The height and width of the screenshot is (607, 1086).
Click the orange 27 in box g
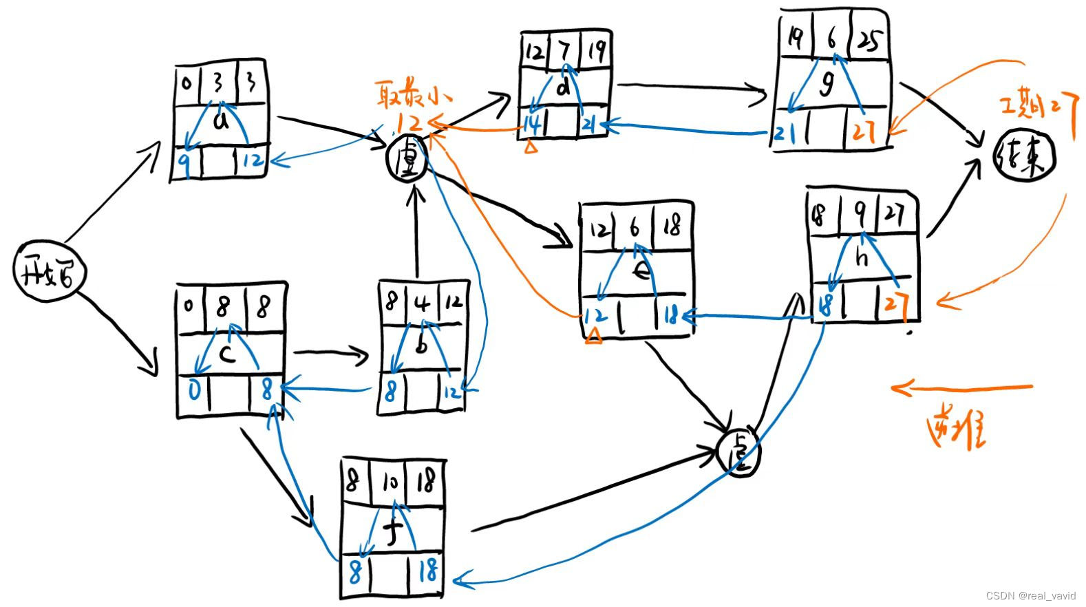tap(864, 130)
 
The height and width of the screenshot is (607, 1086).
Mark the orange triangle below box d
tap(530, 147)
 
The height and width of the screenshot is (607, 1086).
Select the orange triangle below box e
tap(593, 336)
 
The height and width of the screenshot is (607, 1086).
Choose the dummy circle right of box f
tap(738, 452)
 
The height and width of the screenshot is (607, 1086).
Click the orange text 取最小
tap(408, 94)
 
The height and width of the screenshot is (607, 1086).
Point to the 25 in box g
tap(868, 43)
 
